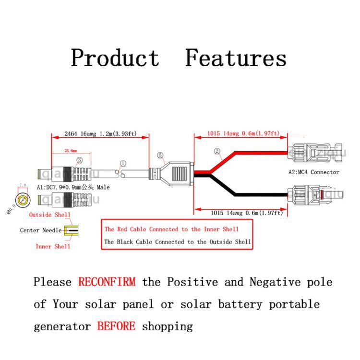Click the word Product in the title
[115, 58]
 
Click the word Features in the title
[236, 58]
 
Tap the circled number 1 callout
[123, 164]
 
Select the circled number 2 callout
[217, 152]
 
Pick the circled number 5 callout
[160, 155]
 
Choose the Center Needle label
[40, 230]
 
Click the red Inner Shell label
[53, 246]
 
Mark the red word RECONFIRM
[107, 282]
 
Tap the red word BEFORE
[116, 326]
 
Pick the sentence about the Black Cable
[178, 242]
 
